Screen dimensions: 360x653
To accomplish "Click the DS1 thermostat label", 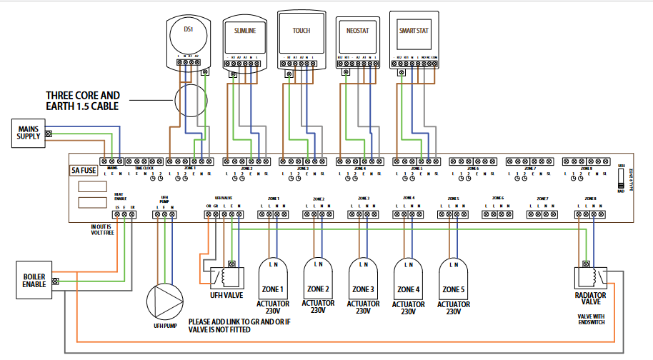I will click(x=189, y=29).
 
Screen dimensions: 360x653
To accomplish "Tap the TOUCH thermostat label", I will click(x=301, y=31).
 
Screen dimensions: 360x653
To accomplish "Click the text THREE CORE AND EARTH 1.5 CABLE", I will click(x=83, y=101).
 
